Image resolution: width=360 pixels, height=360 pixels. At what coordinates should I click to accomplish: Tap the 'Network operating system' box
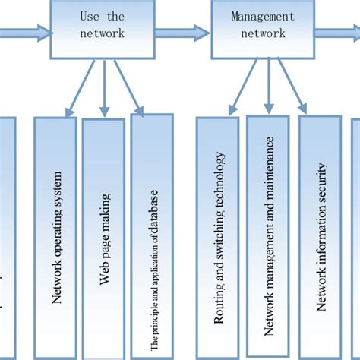tap(55, 236)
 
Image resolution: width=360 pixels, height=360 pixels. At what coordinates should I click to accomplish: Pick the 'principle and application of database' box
tap(152, 235)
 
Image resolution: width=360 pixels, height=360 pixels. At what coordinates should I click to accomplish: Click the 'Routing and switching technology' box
tap(217, 236)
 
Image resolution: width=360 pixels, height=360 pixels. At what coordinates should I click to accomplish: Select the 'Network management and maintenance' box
tap(267, 236)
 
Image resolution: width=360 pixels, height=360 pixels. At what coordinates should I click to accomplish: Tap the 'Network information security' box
tap(320, 236)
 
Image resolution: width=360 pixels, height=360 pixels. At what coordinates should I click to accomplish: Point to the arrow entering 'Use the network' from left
tap(23, 32)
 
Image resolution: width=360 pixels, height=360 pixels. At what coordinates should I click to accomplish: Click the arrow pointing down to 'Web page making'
tap(105, 87)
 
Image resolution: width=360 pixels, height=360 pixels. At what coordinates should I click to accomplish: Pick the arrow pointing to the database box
tap(131, 87)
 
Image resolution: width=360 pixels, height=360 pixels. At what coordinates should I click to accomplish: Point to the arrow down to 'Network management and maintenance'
tap(268, 87)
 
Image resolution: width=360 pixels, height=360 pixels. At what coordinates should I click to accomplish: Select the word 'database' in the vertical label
tap(153, 206)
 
